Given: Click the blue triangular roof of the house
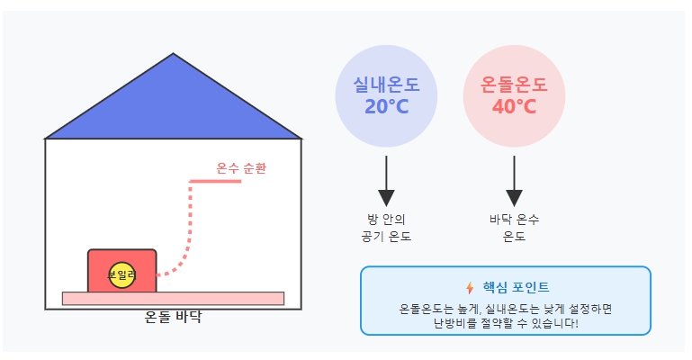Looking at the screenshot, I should coord(174,108).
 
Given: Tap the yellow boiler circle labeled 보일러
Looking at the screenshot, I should coord(121,274).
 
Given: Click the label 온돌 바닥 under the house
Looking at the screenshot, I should coord(174,317).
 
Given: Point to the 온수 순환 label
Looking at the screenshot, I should coord(241,168).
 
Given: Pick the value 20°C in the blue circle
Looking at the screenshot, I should coord(386,107).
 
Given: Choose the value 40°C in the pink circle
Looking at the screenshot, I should coord(514,107).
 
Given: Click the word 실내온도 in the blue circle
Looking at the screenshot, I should coord(386,86).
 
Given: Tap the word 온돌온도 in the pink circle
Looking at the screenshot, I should coord(514,86).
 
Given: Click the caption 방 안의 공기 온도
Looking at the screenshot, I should coord(386,229).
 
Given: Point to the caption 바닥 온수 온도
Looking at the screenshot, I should coord(514,229).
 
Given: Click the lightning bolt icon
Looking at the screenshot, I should coord(469,288).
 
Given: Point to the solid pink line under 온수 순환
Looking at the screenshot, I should coord(216,181).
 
